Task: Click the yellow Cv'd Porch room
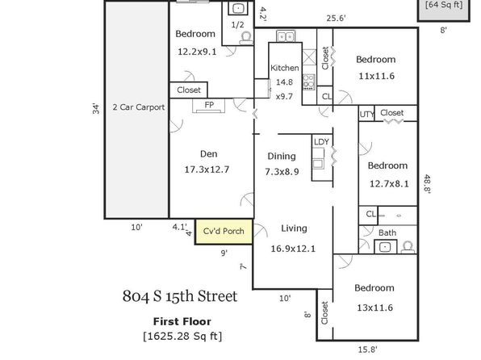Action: (224, 232)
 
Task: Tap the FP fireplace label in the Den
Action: (209, 105)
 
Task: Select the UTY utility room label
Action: (366, 115)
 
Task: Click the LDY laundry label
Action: (321, 142)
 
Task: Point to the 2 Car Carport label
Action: (139, 107)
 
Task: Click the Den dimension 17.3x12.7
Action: (207, 170)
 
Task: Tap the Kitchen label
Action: (285, 68)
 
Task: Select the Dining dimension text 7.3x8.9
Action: (282, 172)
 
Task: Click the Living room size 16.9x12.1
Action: (293, 249)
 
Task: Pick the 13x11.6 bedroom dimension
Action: (374, 308)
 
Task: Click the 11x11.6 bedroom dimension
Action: (376, 76)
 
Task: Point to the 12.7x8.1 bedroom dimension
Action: (389, 184)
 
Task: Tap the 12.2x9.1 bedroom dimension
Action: (197, 52)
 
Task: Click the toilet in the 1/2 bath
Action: (246, 39)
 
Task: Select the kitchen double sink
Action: (286, 36)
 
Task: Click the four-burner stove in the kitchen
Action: (309, 82)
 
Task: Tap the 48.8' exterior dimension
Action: (427, 183)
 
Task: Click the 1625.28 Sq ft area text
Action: (182, 336)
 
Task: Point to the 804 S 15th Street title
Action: (180, 296)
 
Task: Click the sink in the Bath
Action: (385, 247)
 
